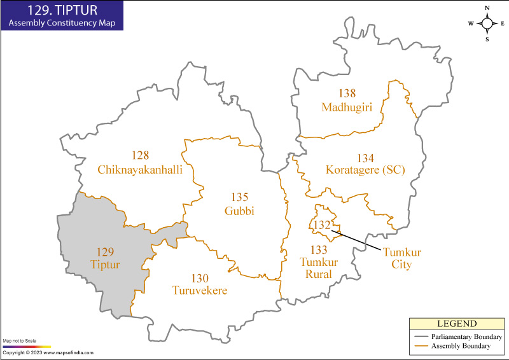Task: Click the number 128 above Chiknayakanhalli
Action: (140, 156)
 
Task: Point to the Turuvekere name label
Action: (199, 291)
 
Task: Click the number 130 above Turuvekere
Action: (199, 278)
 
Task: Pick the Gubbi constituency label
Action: (239, 211)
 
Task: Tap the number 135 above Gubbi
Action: (239, 198)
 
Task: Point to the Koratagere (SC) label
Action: (365, 170)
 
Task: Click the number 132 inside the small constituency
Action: (322, 225)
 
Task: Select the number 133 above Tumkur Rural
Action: (319, 249)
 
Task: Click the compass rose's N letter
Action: (487, 8)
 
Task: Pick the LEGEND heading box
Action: (456, 324)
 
